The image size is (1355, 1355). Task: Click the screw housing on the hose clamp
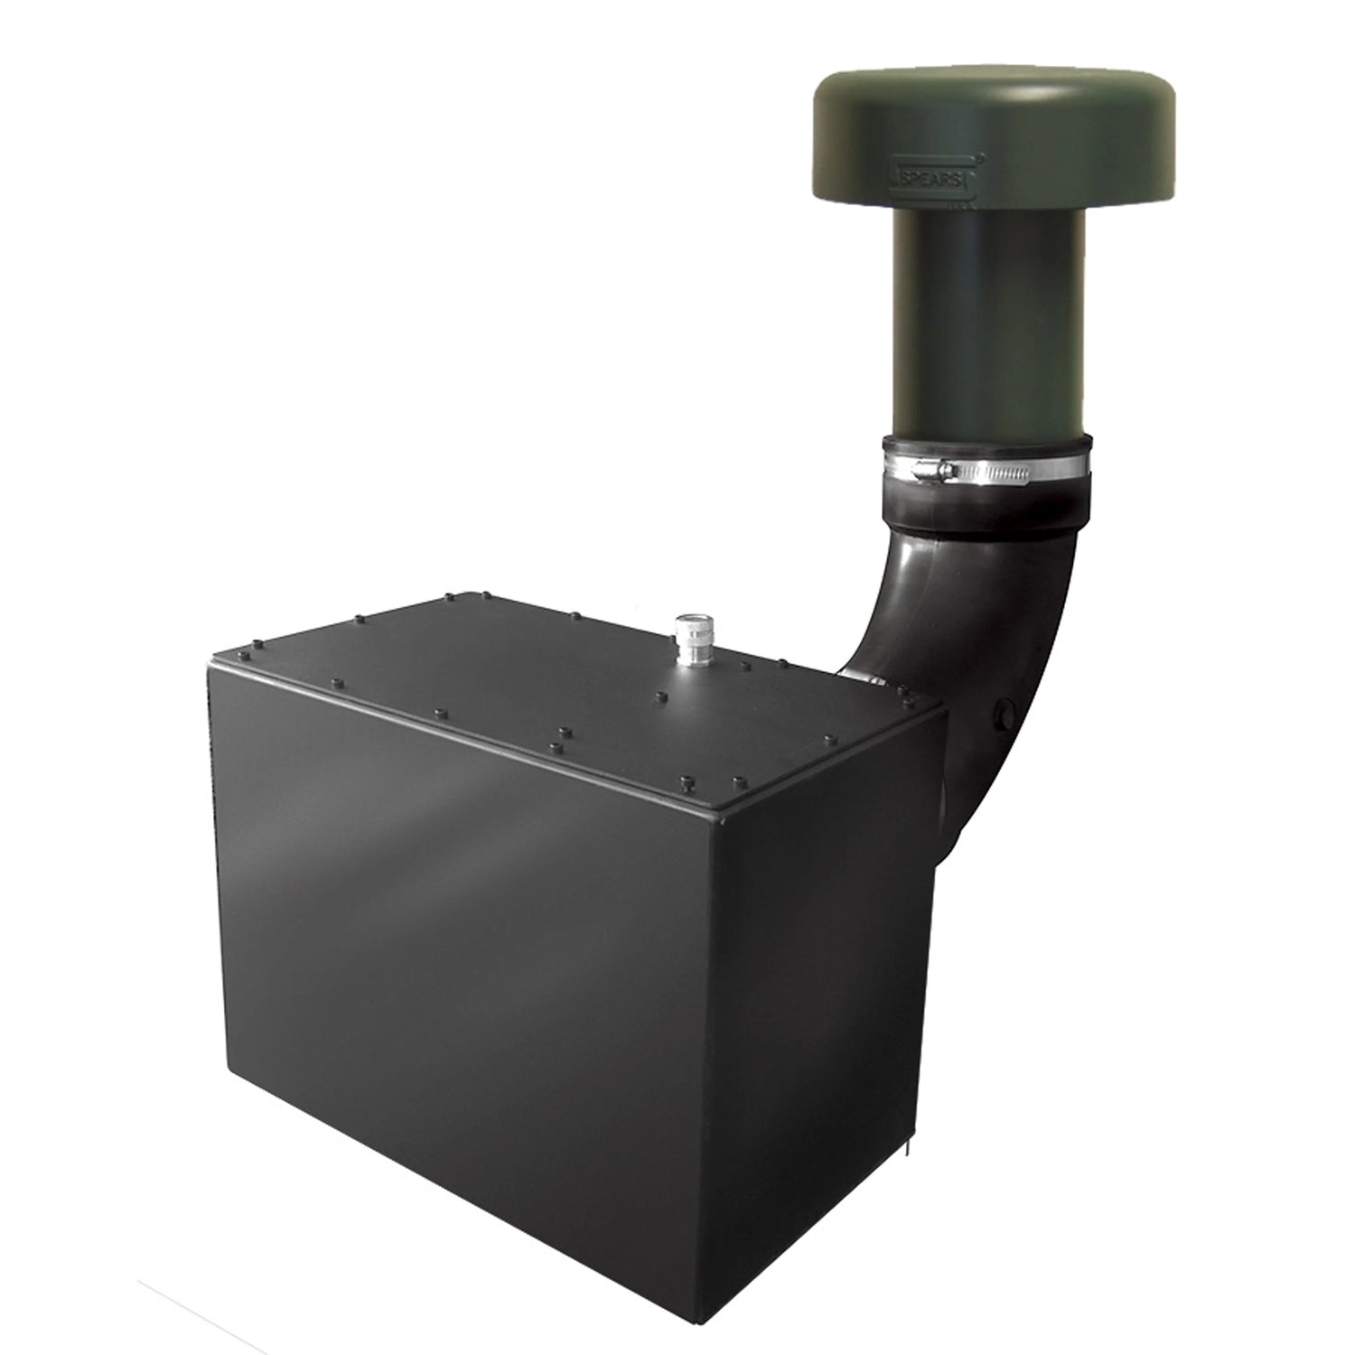934,469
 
